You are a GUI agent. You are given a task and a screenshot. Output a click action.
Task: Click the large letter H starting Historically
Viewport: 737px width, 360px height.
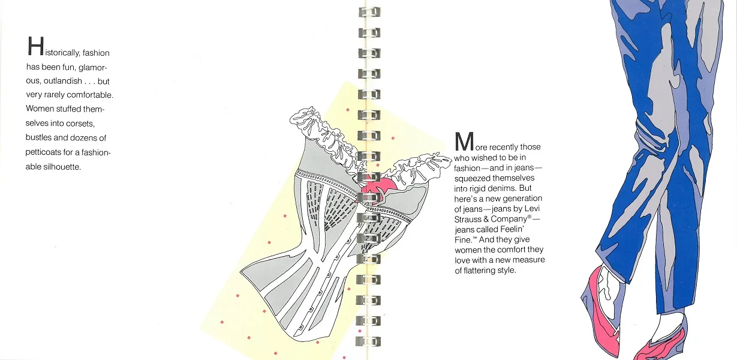(35, 47)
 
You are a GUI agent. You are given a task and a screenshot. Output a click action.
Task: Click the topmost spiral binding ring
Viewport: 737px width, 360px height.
(369, 12)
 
